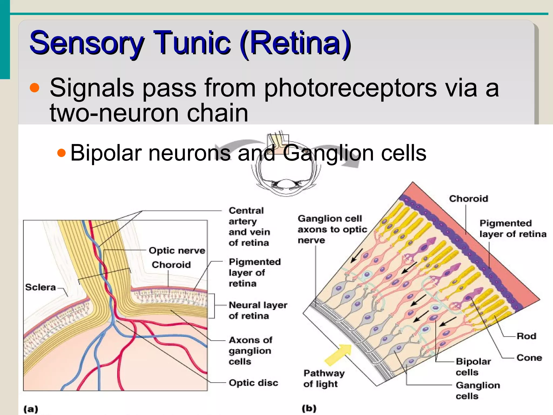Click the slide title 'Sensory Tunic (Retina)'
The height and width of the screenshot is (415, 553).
[x=190, y=43]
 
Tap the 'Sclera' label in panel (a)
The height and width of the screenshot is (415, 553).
[x=41, y=287]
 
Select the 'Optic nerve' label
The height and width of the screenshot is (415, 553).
[x=177, y=250]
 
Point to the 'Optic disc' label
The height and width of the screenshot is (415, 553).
[x=253, y=383]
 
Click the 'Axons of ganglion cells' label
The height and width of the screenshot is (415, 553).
[x=250, y=351]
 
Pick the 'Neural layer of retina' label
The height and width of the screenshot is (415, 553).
[x=258, y=310]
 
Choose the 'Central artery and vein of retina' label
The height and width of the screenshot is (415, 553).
[x=249, y=226]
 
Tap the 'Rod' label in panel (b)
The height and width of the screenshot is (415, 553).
[x=526, y=336]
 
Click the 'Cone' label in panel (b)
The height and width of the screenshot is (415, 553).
[x=529, y=358]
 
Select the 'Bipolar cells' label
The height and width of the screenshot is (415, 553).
[x=473, y=367]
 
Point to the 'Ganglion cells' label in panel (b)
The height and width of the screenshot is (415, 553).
[x=478, y=391]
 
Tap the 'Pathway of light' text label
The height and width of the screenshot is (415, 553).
[x=324, y=379]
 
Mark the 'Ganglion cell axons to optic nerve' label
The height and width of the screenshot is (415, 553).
[x=332, y=229]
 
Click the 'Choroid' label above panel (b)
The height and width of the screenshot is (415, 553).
[x=468, y=199]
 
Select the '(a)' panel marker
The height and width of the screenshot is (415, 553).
[x=31, y=409]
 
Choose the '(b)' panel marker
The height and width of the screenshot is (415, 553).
[x=309, y=408]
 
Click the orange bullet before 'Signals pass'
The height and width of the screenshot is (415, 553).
[x=35, y=88]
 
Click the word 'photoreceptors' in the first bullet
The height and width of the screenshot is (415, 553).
[x=350, y=88]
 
